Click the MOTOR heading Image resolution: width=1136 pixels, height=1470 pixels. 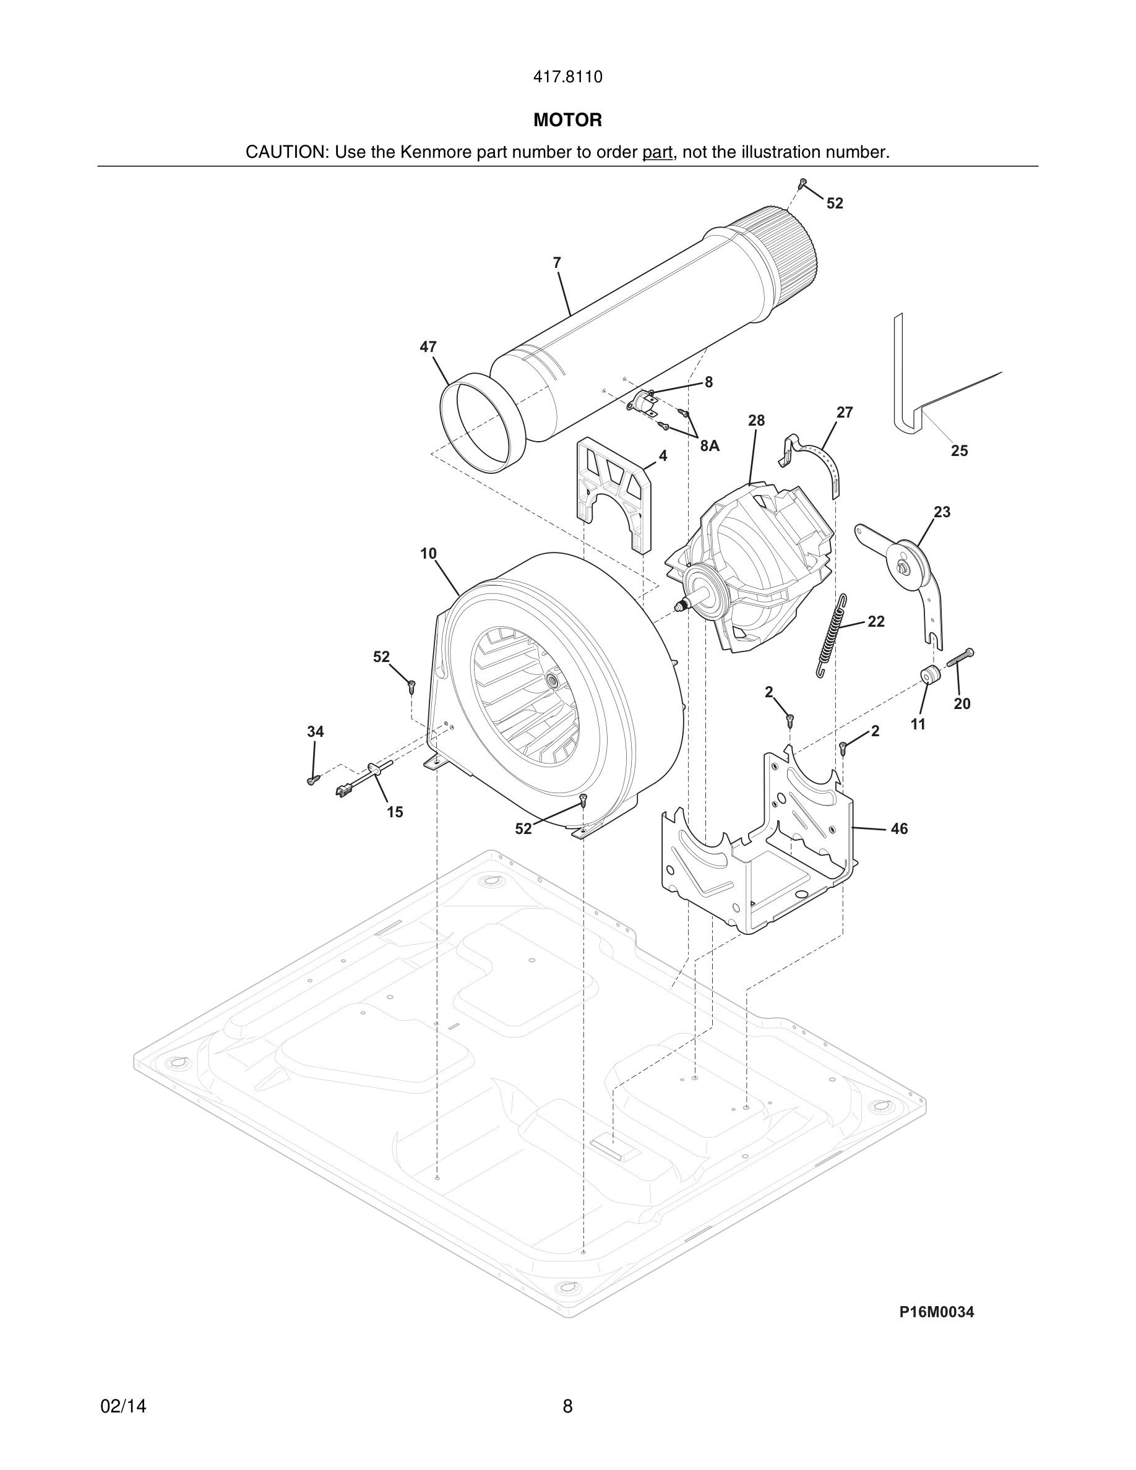pos(567,121)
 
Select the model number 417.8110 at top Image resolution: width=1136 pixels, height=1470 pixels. pos(567,77)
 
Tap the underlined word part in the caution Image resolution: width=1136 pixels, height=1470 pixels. pos(657,153)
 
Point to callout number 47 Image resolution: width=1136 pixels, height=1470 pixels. pos(428,347)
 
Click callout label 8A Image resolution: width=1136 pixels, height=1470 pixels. pos(709,445)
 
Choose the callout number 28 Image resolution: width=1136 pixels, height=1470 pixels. pos(757,421)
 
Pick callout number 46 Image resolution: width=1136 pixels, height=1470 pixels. pos(899,829)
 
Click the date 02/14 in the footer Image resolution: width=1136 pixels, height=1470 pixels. pos(123,1406)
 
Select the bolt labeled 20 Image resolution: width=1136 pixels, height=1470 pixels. pos(961,657)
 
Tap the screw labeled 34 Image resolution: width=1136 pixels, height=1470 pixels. pos(312,780)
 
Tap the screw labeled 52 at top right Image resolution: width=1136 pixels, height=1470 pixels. pos(803,183)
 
